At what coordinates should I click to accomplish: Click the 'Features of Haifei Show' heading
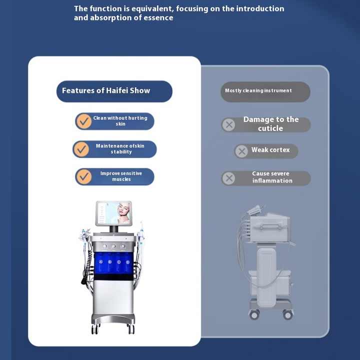106,91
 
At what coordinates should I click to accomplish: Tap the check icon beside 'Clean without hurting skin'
83,121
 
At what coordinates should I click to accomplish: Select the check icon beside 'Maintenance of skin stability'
81,149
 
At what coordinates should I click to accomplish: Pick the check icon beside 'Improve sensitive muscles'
84,176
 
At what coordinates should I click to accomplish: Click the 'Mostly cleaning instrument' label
258,91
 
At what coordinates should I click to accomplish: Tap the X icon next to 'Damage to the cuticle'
229,124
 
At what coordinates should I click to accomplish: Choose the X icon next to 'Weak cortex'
241,151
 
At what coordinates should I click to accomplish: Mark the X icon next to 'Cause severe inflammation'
228,178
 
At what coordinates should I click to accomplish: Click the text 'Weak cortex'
270,150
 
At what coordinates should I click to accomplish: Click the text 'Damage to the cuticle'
270,124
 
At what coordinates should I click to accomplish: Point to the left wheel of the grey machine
254,315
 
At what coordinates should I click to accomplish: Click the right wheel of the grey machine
288,315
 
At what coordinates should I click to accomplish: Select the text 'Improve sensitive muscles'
121,176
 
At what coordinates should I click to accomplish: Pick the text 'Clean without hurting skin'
120,121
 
